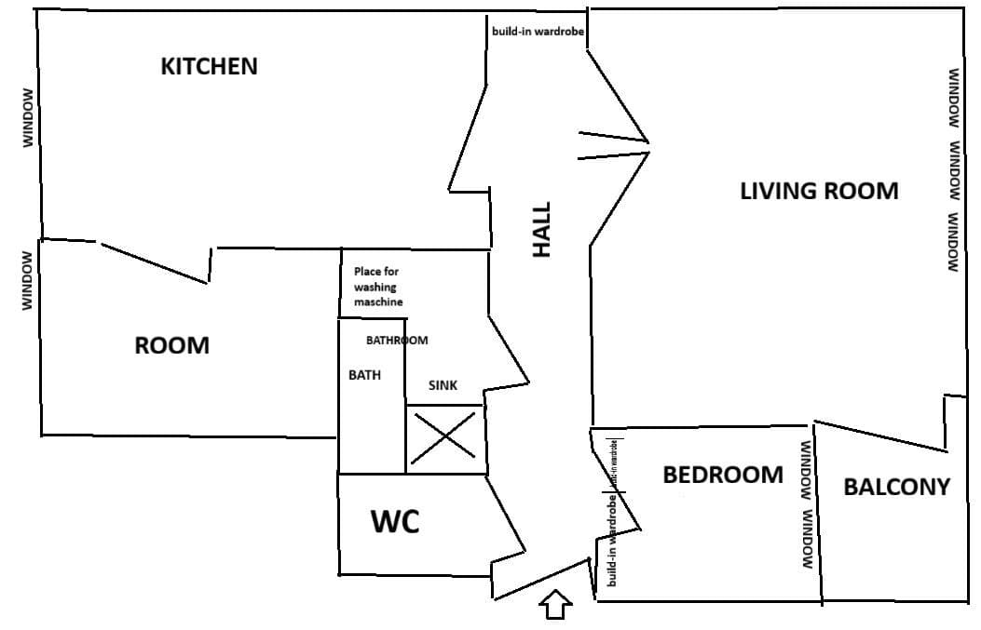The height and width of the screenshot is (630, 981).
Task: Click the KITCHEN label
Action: (209, 67)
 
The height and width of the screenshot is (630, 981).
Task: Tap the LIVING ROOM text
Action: (819, 191)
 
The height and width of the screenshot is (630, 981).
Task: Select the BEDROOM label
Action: (723, 475)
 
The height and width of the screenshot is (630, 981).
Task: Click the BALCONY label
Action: (896, 487)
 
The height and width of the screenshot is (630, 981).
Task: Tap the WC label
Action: (395, 523)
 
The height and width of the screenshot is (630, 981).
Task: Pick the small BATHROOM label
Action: (397, 341)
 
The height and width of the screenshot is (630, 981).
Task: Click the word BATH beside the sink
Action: (363, 375)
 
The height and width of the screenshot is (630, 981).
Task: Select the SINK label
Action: (443, 385)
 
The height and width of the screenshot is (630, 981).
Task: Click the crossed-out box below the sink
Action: (445, 439)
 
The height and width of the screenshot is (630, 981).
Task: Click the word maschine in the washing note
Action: (378, 302)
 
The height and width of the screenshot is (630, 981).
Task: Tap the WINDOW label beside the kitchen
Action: (28, 117)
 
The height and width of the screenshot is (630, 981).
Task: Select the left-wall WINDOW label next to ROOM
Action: (28, 280)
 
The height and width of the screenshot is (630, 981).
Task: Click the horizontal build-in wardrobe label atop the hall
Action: (538, 31)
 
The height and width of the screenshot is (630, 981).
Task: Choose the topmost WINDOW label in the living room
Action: (954, 98)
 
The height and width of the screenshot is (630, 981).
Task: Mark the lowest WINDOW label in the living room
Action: (954, 242)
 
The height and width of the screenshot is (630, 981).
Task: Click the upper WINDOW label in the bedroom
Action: (806, 472)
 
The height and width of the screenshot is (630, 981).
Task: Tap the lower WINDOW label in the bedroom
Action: (808, 539)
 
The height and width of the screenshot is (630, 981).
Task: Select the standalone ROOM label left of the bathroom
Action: (172, 346)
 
